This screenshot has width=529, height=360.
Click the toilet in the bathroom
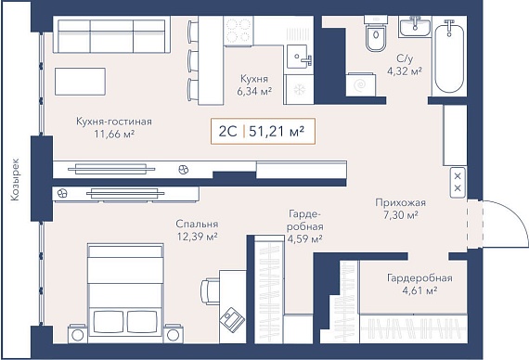pos(376,33)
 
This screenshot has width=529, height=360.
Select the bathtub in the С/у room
pos(449,57)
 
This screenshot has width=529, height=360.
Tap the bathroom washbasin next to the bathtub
pos(415,26)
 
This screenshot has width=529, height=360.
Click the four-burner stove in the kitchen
pos(239,31)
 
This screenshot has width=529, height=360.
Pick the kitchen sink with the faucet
pos(298,57)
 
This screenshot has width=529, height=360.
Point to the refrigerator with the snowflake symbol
pos(299,89)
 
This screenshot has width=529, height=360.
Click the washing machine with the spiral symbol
pos(361,84)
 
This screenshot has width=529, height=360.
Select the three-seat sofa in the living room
pos(111,34)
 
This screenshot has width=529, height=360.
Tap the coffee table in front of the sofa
pos(80,82)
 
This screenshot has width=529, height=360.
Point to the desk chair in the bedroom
pos(209,291)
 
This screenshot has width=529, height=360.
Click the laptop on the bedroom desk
pos(232,318)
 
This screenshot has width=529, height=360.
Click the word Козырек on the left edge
pos(15,180)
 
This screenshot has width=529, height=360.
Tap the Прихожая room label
pos(400,202)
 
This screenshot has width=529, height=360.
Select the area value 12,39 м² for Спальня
pos(197,237)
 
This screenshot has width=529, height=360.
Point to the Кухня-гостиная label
pos(114,122)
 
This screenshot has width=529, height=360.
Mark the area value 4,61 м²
pos(419,290)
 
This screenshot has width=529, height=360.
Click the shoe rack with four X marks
pos(458,182)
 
